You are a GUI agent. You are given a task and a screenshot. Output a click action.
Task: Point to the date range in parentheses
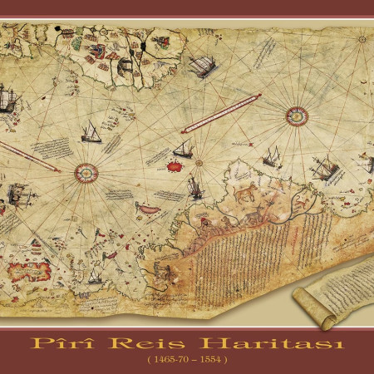187,362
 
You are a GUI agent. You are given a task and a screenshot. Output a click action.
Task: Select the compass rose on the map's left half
86,173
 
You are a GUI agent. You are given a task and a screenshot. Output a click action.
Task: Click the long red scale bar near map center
220,114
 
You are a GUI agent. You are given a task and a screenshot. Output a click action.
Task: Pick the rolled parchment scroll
326,292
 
